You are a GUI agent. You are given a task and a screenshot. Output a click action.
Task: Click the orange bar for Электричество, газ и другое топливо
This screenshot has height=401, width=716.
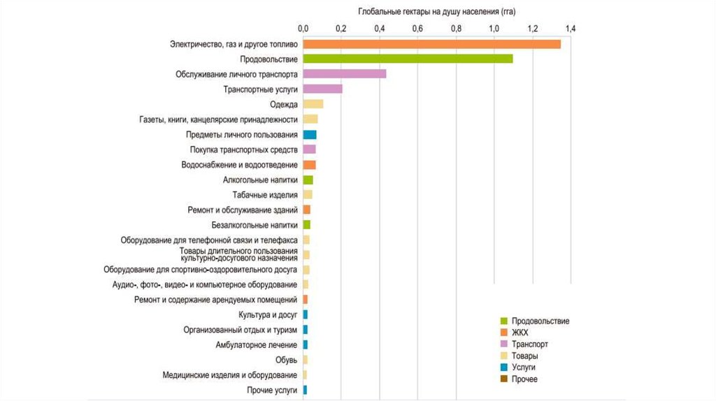coord(431,44)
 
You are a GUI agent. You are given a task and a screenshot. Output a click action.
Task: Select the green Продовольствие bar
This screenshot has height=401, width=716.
coord(408,59)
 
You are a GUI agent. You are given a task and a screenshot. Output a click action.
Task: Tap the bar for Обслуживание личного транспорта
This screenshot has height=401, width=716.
coord(344,74)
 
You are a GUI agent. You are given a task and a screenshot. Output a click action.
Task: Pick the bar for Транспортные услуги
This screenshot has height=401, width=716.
coord(322,89)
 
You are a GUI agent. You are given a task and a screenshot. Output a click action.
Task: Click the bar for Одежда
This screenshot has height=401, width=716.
coord(313,104)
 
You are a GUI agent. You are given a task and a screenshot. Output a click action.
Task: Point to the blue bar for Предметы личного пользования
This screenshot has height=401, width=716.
coord(309,134)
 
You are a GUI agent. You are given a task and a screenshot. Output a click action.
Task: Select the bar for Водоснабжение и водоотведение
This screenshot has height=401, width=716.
coord(309,165)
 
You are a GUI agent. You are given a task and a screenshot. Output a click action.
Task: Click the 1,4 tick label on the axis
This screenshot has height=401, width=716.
coord(571,29)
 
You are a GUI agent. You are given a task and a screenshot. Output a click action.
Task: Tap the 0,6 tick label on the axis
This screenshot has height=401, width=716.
coord(417,29)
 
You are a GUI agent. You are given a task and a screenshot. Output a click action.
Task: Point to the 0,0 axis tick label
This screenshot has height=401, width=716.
coord(303,29)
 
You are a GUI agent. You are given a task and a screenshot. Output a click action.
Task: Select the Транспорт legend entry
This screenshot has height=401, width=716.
coord(529,344)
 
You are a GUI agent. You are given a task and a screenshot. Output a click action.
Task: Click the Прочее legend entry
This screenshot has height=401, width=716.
coord(524,379)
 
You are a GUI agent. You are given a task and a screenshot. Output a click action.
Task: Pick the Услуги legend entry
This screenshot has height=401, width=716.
coord(523,367)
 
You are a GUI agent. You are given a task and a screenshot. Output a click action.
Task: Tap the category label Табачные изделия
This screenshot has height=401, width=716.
coord(265,195)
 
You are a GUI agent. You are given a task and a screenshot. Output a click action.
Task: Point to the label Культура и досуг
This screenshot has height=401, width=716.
coord(268,315)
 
